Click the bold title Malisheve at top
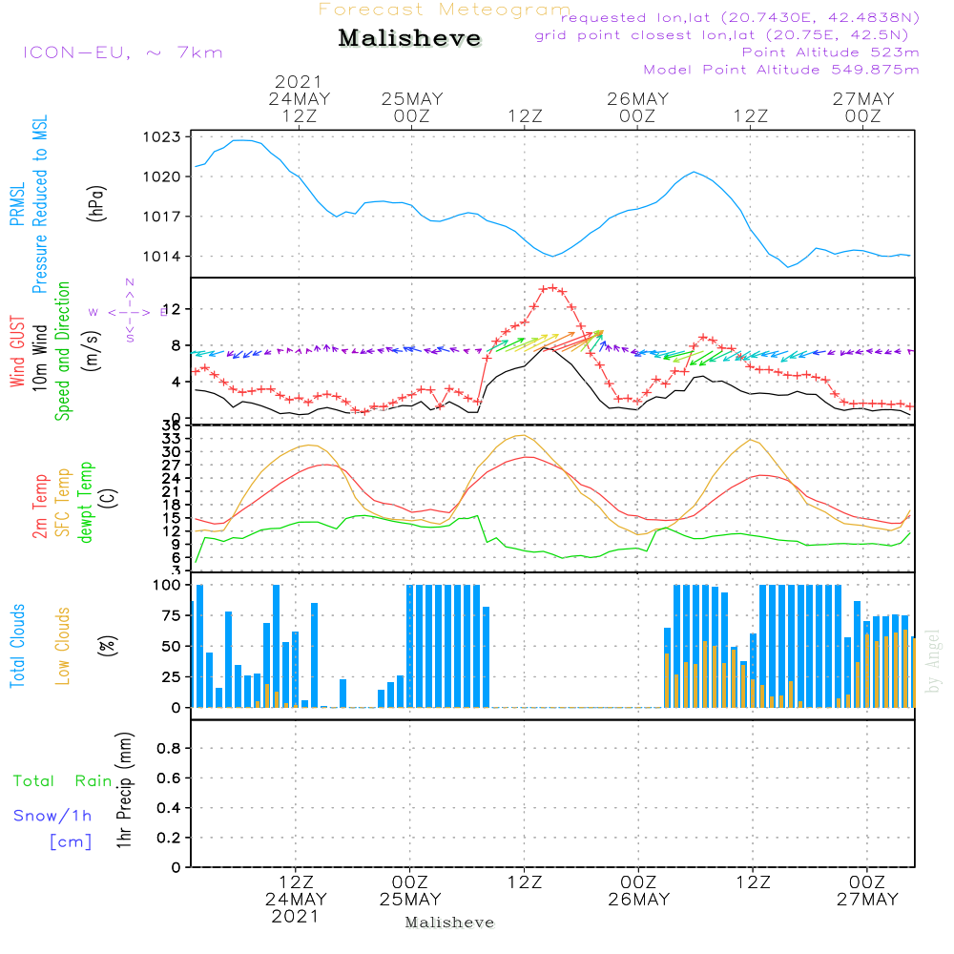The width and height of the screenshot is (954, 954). (x=409, y=38)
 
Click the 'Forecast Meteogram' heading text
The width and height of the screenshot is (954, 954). (x=445, y=10)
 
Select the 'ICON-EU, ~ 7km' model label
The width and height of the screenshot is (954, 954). (x=122, y=52)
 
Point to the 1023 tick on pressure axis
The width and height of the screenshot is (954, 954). (x=164, y=136)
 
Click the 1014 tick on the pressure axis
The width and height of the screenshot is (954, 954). (x=164, y=257)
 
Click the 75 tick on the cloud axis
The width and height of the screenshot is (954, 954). (x=168, y=615)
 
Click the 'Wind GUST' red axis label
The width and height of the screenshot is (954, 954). (x=17, y=352)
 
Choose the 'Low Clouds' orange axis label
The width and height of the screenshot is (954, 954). (x=63, y=646)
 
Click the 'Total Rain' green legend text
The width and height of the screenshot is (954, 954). (x=63, y=781)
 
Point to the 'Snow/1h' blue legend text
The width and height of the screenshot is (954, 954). (x=52, y=817)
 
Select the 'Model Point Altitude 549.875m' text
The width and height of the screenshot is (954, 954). (x=780, y=70)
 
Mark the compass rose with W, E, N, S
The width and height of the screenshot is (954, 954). (x=129, y=311)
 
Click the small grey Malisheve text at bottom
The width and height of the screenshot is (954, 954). (x=449, y=923)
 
